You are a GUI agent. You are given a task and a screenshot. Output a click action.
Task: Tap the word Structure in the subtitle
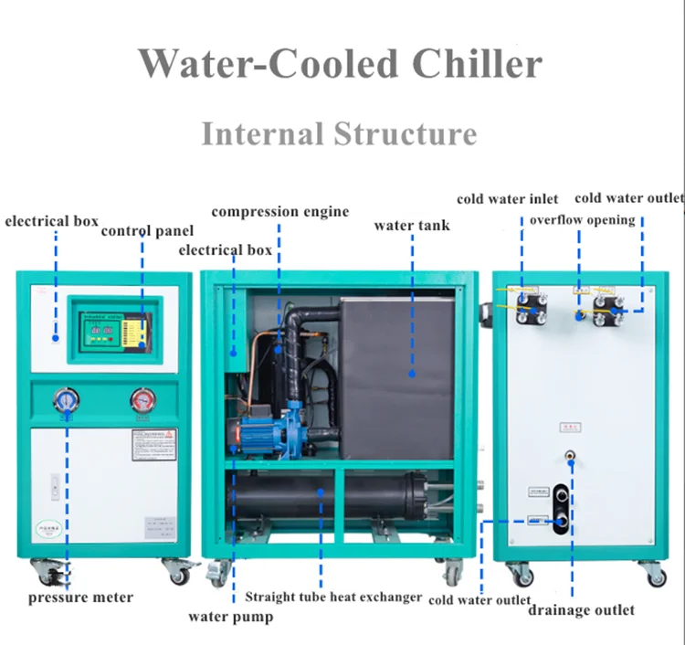coord(405,134)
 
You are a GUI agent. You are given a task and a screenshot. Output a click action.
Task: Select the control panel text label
coord(147,230)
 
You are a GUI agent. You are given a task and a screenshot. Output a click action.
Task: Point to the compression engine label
coord(280,211)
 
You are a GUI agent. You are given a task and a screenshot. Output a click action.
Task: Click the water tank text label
coord(412,225)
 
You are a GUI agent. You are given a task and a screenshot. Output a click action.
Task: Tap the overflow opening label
coord(582,219)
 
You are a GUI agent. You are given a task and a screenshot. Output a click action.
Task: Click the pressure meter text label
coord(80,597)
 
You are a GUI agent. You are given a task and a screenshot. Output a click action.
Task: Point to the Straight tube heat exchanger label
coord(333,597)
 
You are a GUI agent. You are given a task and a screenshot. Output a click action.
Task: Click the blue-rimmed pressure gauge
coord(67,399)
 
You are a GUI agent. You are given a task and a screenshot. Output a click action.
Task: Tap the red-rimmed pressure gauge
coord(142,399)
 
